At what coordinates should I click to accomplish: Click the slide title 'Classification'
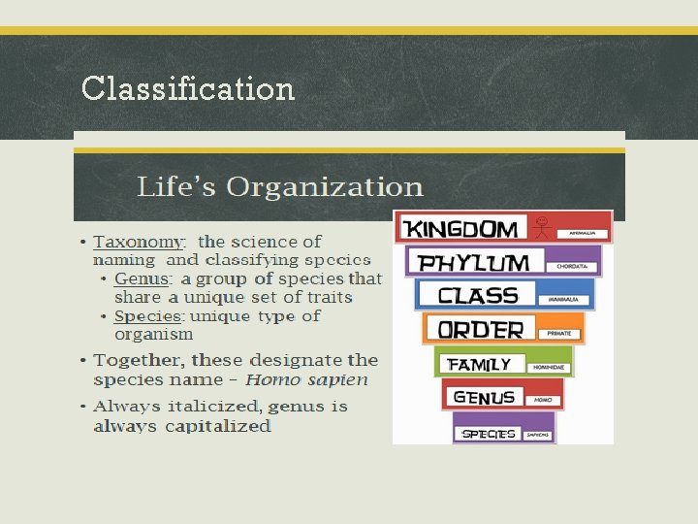pyautogui.click(x=188, y=88)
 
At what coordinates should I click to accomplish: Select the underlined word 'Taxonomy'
pyautogui.click(x=139, y=242)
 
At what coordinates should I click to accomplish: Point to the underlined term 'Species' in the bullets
pyautogui.click(x=147, y=316)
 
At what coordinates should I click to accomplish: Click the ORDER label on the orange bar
pyautogui.click(x=480, y=330)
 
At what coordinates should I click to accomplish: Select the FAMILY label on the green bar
pyautogui.click(x=479, y=365)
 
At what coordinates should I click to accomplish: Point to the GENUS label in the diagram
pyautogui.click(x=484, y=398)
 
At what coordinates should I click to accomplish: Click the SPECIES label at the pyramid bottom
pyautogui.click(x=489, y=434)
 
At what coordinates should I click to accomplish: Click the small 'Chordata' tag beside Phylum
pyautogui.click(x=573, y=265)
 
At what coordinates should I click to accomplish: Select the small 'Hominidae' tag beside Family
pyautogui.click(x=548, y=368)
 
